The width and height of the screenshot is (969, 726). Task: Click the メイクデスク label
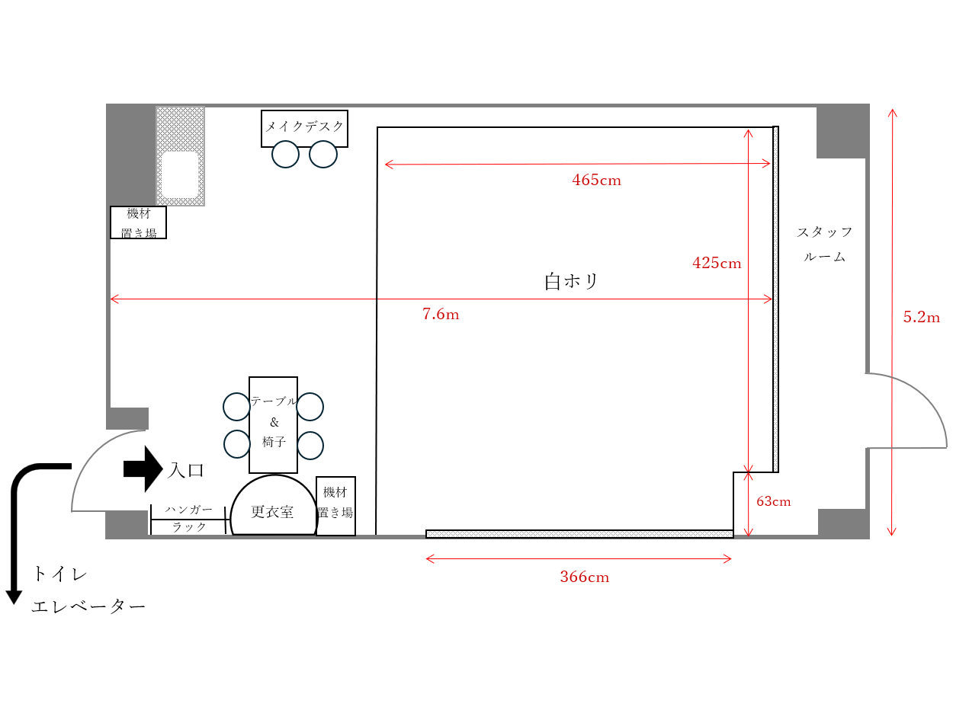click(x=304, y=126)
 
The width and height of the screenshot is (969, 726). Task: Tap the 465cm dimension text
click(x=596, y=180)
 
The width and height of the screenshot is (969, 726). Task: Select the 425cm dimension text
click(x=717, y=263)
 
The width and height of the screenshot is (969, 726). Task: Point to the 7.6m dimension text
click(x=441, y=314)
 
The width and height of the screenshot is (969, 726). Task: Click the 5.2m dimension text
click(x=921, y=317)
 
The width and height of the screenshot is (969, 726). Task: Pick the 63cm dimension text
click(x=773, y=501)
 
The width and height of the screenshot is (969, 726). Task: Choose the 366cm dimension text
click(x=585, y=577)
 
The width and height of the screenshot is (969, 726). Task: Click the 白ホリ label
click(x=571, y=281)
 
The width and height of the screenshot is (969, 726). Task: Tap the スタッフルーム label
click(x=824, y=245)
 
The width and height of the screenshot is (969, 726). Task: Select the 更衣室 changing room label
click(x=272, y=512)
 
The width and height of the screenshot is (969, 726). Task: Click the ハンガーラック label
click(x=189, y=518)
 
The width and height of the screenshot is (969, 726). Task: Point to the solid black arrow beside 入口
click(x=143, y=469)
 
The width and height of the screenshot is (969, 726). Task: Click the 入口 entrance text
click(x=186, y=470)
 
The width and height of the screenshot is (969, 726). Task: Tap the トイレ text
click(x=60, y=574)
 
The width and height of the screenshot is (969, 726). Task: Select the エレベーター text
click(x=88, y=606)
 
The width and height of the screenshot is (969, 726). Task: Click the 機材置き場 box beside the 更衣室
click(x=335, y=506)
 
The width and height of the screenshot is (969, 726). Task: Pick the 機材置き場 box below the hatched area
click(x=138, y=222)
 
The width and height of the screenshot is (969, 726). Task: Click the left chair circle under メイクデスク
click(x=286, y=155)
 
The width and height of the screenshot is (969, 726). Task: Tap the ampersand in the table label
click(x=274, y=423)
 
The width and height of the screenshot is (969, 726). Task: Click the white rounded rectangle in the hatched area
click(x=180, y=174)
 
